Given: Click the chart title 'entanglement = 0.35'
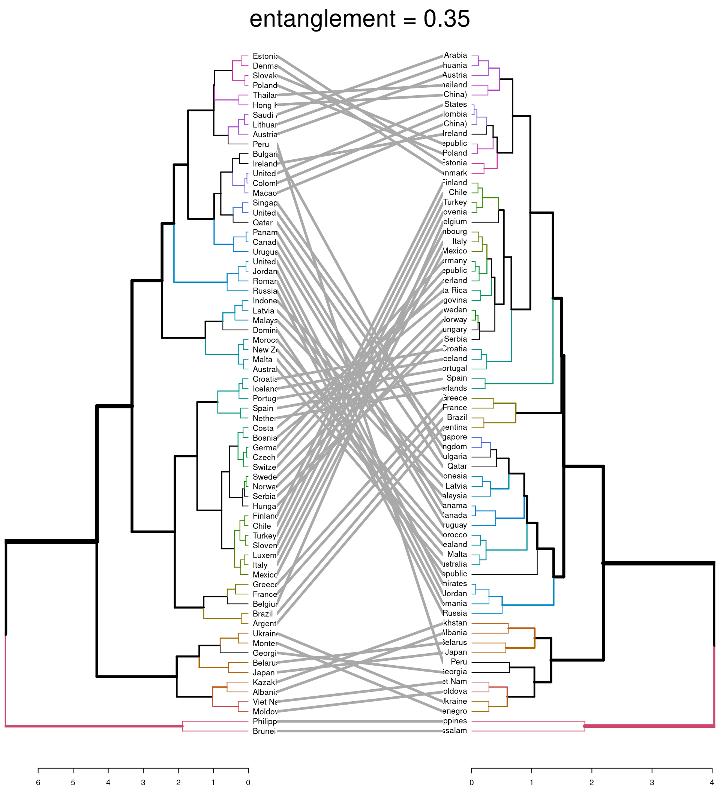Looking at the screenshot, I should (359, 19).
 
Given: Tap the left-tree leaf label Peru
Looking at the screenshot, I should (261, 144).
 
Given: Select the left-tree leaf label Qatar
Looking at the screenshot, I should (262, 222).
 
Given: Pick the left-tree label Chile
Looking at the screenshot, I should (262, 526).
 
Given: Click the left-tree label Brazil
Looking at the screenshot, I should (262, 613).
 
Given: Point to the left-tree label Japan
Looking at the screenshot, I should (263, 673).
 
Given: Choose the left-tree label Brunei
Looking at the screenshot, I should (264, 731).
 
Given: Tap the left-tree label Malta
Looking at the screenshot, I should (262, 360).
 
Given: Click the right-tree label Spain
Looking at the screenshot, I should (456, 378).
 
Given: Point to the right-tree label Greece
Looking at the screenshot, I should (454, 398).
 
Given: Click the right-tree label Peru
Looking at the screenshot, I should (459, 662).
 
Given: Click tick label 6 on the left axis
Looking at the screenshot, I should (38, 783).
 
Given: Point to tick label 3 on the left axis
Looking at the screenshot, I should (143, 783).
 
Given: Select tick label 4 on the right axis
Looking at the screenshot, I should (712, 783).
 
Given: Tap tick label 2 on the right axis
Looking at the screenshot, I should (591, 783).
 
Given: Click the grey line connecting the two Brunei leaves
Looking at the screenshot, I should (359, 731).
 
